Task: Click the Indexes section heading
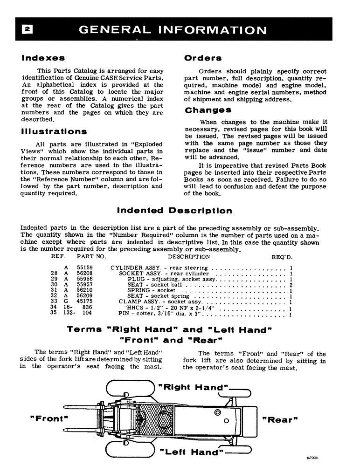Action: (x=43, y=58)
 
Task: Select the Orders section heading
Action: (x=203, y=58)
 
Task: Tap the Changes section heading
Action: (x=208, y=110)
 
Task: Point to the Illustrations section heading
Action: (x=54, y=132)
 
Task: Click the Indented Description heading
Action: (x=174, y=211)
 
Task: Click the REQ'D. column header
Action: (x=282, y=257)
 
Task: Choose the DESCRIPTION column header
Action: (x=189, y=257)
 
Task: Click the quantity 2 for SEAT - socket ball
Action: (x=291, y=285)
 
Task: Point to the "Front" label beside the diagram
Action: (x=49, y=418)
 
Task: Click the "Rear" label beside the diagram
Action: (x=280, y=419)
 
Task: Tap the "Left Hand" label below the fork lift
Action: (x=192, y=452)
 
